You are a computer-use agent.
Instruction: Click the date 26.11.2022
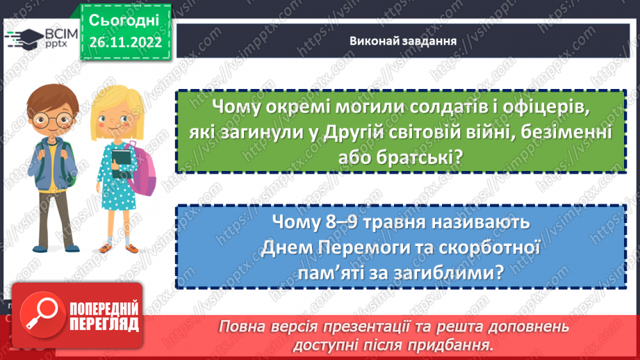point(124,42)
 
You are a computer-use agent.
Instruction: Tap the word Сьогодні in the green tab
point(124,18)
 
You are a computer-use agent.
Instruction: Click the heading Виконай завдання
point(403,40)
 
